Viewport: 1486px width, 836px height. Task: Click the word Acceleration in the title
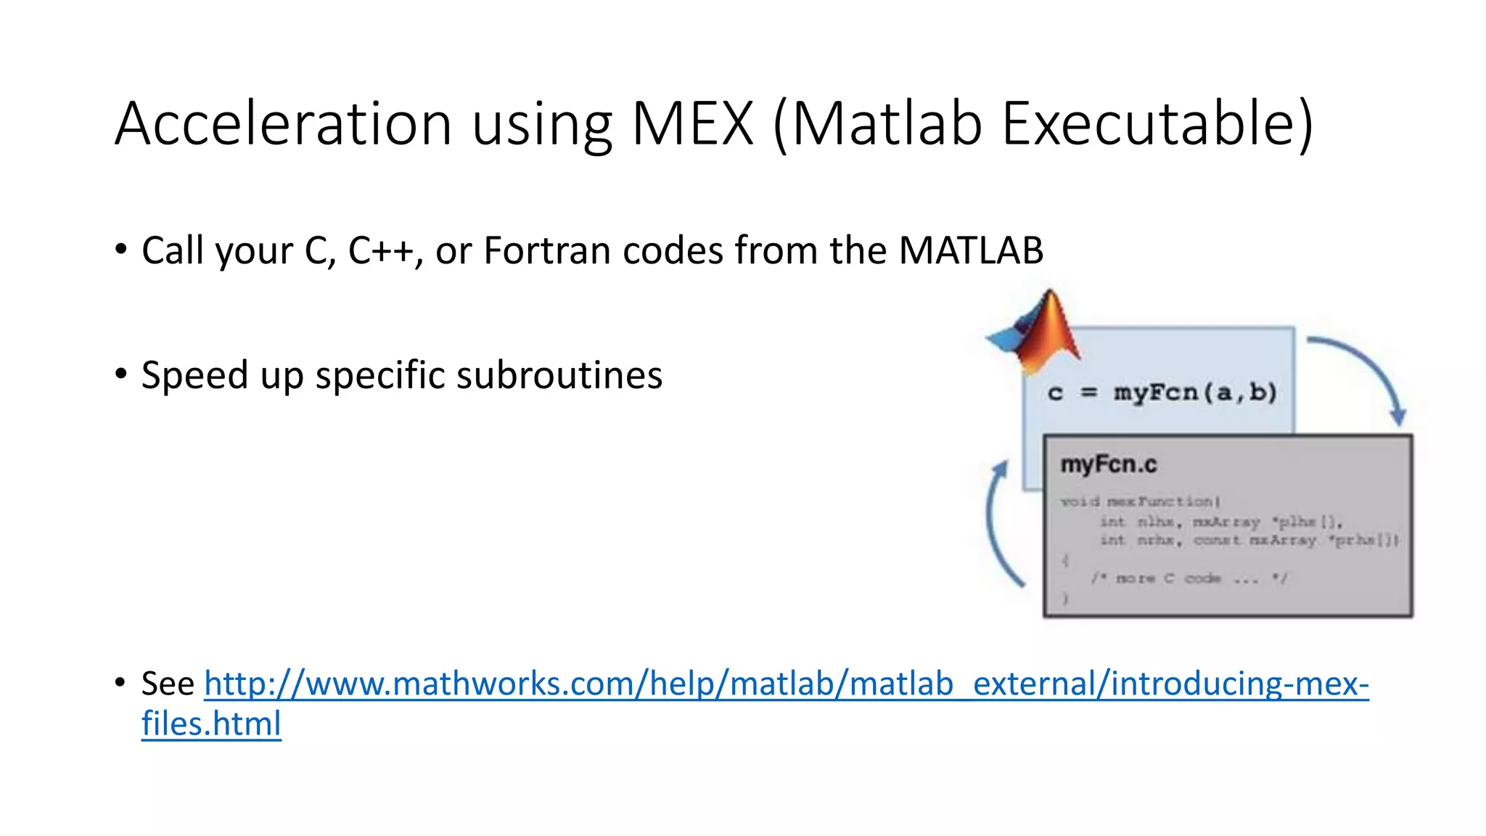coord(284,123)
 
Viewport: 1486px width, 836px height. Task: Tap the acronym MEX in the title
coord(692,123)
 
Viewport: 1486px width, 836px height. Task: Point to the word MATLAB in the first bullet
coord(970,251)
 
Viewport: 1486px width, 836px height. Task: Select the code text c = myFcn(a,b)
coord(1162,393)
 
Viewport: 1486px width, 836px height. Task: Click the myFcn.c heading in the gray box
coord(1108,464)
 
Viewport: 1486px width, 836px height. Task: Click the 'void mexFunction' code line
coord(1140,501)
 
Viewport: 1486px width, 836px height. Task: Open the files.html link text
coord(211,724)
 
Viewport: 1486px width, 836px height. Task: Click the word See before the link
coord(168,684)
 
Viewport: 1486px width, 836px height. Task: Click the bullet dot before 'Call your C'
coord(121,250)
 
